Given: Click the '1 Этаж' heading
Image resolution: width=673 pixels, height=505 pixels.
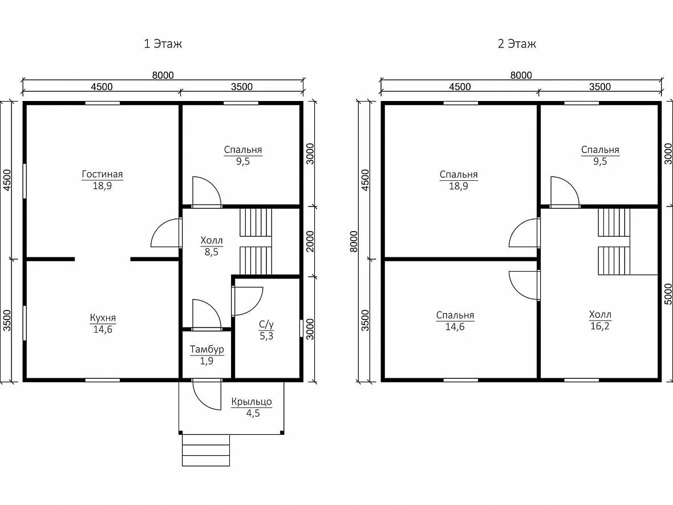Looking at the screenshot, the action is (x=163, y=44).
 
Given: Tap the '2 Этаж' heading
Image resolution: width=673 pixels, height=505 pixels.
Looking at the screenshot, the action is (x=517, y=44).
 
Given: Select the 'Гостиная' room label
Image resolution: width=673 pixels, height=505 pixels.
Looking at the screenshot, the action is (x=102, y=175).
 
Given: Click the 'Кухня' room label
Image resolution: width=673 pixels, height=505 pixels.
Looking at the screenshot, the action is (x=103, y=318).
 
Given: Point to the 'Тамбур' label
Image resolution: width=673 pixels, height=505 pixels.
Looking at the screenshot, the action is (x=207, y=350).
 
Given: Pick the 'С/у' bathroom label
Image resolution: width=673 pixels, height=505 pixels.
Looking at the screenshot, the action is (x=266, y=324).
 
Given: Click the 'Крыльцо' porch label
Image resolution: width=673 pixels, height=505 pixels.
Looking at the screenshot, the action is (x=252, y=402).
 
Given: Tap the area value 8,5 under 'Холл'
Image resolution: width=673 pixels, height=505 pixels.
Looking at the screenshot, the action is (x=211, y=252).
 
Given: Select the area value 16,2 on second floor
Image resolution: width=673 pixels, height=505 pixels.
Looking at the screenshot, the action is (x=599, y=326).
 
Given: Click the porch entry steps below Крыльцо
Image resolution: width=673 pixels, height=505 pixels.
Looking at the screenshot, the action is (x=206, y=450).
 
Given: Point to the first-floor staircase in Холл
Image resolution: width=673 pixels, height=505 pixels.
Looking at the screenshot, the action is (x=256, y=242).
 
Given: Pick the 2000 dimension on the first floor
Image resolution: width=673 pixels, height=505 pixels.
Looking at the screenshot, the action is (x=310, y=241).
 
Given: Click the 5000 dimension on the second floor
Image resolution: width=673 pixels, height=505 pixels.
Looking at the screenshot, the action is (x=668, y=294).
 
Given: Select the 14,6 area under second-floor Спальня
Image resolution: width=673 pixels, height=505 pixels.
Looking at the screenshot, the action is (x=455, y=327).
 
